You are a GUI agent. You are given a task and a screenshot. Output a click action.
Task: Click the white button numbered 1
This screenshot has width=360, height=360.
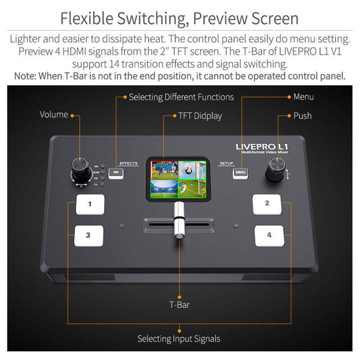89,204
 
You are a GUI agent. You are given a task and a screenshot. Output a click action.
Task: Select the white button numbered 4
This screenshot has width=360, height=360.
269,235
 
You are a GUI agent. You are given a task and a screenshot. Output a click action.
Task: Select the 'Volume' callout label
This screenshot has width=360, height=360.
54,115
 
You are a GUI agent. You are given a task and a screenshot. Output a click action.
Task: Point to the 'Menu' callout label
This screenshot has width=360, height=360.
303,97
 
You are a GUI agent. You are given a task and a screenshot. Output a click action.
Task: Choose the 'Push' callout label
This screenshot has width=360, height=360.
302,116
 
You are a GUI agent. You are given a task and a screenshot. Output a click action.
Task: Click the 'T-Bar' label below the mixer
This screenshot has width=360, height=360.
179,305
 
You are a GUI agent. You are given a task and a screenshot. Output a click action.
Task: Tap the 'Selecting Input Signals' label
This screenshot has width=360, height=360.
179,339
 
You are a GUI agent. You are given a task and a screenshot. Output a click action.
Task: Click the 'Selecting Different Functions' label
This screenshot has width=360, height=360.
181,97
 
